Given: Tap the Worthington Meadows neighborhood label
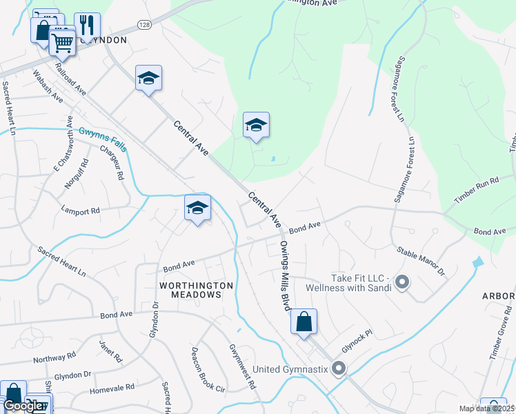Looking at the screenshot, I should point(190,289).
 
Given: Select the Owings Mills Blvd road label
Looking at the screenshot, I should point(286,276).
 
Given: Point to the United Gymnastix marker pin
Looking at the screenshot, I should point(338,368).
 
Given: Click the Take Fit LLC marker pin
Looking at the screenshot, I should point(403,282).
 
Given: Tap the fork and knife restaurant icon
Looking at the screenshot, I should point(86,26).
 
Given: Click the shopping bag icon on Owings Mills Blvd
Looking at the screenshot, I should point(304,322).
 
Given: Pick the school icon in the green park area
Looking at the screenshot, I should point(256,126).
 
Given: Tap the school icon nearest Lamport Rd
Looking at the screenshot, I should point(197,208).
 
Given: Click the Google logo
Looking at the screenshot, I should point(23,406).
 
